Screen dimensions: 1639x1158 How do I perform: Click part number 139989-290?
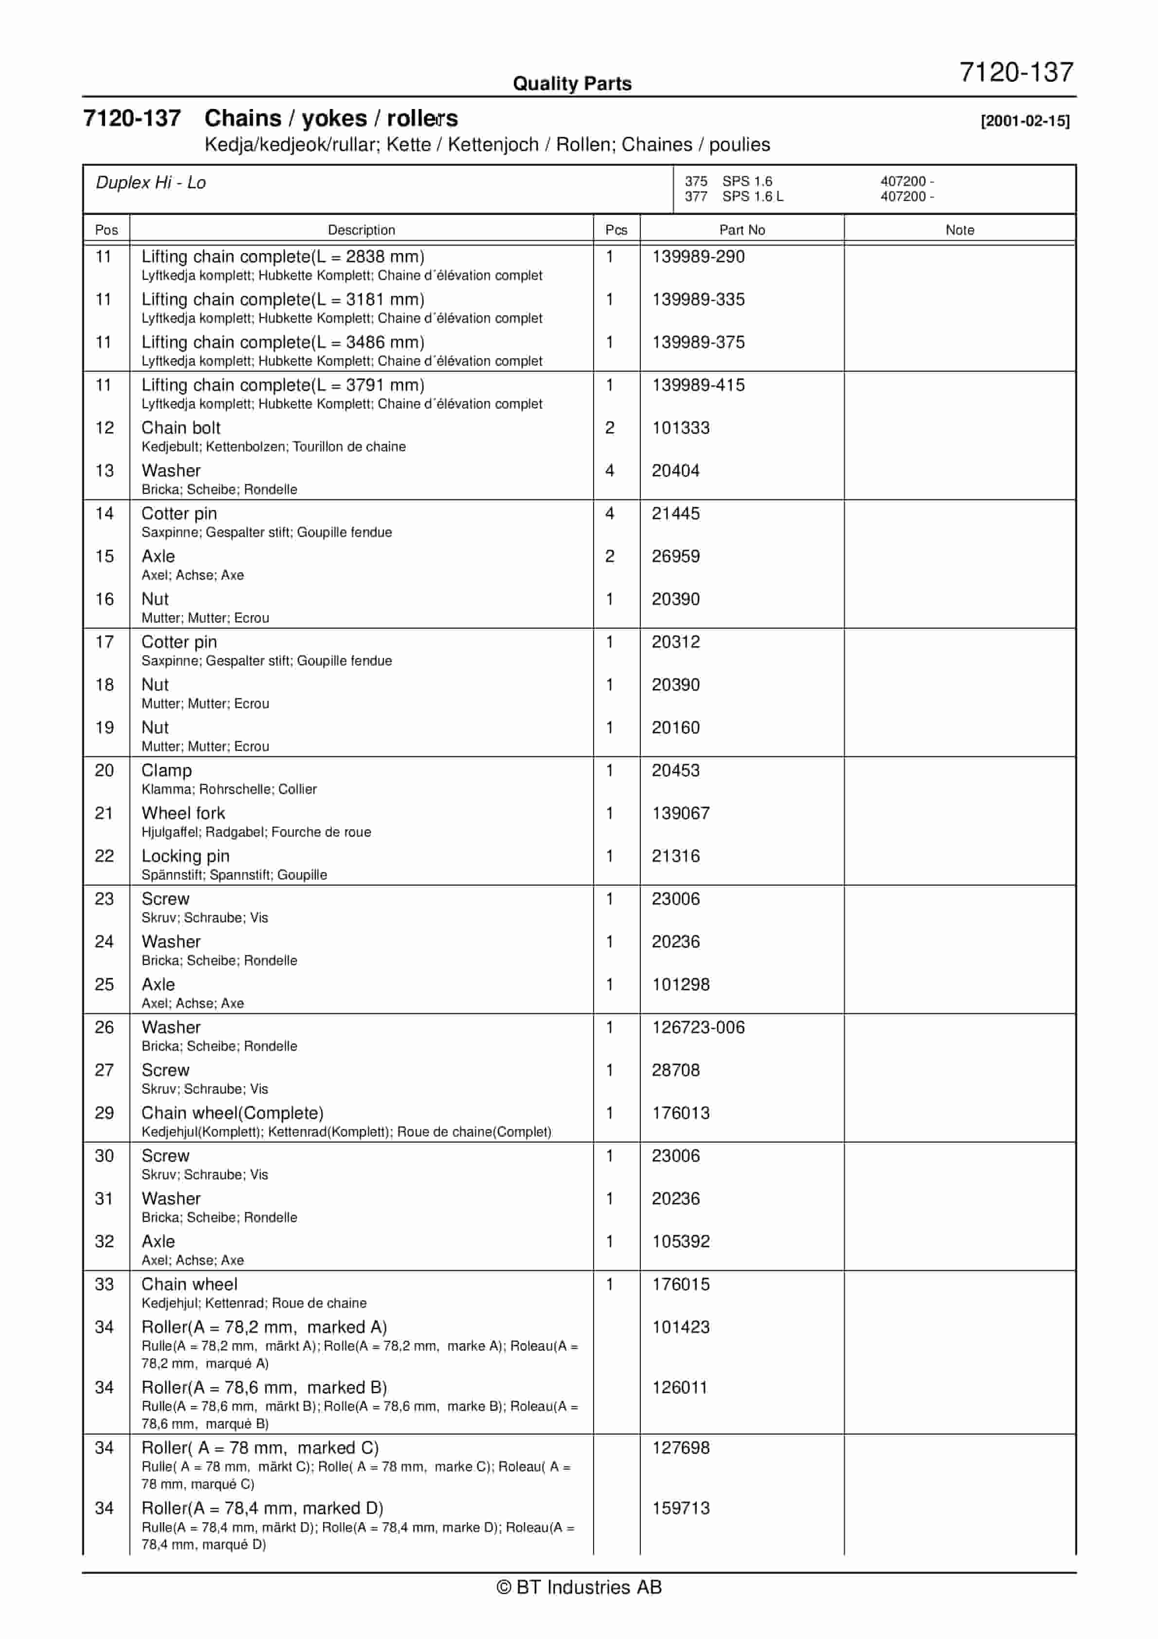coord(698,256)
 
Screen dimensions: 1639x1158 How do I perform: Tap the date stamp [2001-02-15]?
coord(1025,121)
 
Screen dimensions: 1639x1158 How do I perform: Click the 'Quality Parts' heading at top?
coord(572,84)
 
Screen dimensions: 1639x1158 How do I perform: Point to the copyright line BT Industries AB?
coord(579,1587)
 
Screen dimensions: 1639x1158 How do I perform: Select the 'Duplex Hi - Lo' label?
coord(151,183)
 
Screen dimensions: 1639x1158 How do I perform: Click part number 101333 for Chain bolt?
coord(680,428)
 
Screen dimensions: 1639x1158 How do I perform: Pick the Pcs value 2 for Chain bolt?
coord(609,428)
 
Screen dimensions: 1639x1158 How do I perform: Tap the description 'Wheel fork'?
coord(183,813)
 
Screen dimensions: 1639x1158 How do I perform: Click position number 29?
coord(104,1113)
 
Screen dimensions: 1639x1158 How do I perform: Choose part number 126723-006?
coord(698,1027)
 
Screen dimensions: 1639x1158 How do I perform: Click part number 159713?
coord(680,1508)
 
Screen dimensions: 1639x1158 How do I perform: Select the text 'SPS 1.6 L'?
coord(753,196)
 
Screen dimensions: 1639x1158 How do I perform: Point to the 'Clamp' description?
coord(166,770)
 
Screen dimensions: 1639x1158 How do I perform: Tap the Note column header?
coord(959,230)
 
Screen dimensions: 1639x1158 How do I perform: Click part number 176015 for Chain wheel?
coord(680,1284)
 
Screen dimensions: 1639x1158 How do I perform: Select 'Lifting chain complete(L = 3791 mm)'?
coord(283,385)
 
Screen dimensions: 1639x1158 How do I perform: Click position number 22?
coord(104,856)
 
